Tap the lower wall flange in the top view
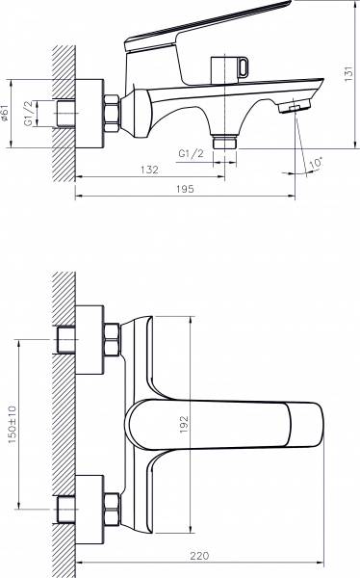pyautogui.click(x=88, y=504)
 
